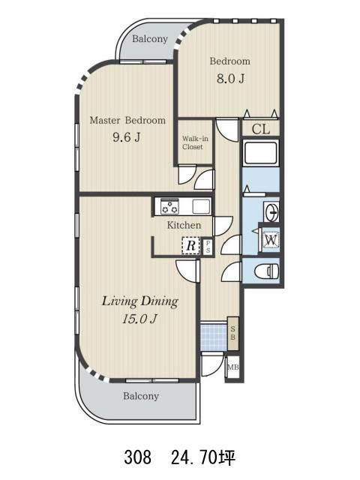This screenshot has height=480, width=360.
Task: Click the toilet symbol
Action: pos(267,271)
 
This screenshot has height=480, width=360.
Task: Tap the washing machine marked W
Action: pos(271,240)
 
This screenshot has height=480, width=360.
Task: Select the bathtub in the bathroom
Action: pos(260,153)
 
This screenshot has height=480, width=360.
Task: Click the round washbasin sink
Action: pos(271,211)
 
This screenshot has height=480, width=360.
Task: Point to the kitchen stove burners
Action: pos(169,206)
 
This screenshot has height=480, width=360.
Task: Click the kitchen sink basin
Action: pos(201,206)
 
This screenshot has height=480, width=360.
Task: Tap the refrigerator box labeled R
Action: pos(190,245)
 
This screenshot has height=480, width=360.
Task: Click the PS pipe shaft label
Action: pos(208,247)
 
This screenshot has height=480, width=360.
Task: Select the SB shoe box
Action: pos(232,334)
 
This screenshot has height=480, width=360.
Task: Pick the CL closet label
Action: pos(261,129)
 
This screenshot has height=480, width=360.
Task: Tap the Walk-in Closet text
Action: pos(195,142)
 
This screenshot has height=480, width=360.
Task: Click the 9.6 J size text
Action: pos(127,136)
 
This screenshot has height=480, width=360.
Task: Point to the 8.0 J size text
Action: pos(230,79)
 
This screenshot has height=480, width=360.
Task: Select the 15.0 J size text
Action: pos(139,319)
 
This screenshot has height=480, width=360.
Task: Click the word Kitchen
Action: pos(184,225)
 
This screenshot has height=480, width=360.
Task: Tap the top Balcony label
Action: pos(150,39)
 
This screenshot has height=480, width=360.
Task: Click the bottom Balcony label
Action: pos(141,396)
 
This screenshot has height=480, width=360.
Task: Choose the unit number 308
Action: pos(137,457)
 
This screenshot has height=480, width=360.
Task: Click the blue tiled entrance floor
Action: pos(214,336)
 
